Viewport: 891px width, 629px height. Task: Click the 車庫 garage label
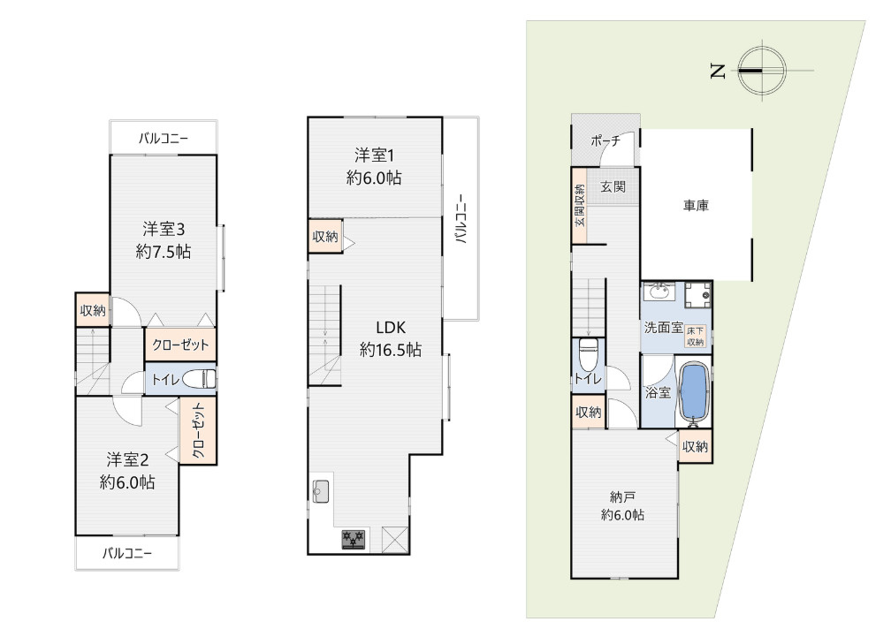[696, 205]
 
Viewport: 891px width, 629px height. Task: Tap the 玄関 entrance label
[613, 187]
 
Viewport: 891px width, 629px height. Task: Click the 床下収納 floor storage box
[696, 336]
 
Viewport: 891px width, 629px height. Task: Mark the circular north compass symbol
[761, 71]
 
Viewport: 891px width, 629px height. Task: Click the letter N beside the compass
[718, 72]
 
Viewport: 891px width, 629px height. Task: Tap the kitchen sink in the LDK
[320, 489]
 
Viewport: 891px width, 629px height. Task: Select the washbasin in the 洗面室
[658, 292]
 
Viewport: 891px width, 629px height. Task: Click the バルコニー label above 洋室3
[164, 139]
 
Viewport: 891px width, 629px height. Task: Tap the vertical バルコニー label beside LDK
[461, 218]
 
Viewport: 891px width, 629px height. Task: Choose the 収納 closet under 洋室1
[324, 236]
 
